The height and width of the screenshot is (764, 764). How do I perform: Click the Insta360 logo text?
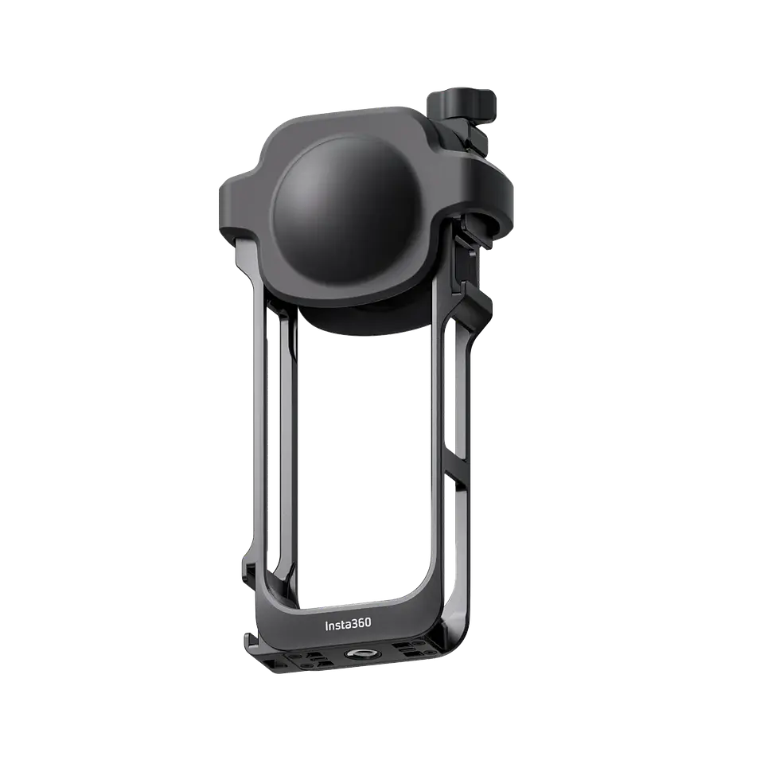tap(348, 625)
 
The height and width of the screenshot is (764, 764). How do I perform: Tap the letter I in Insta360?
tap(326, 626)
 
